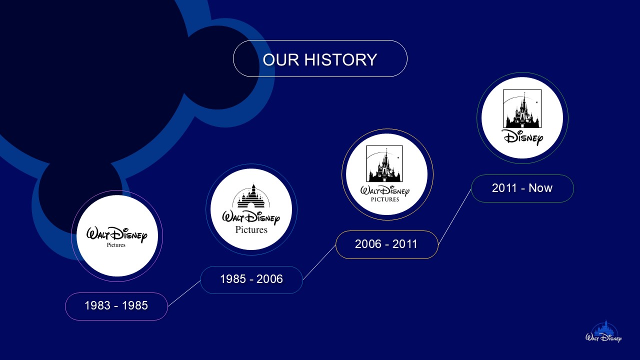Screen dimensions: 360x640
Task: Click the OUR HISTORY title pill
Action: click(x=320, y=58)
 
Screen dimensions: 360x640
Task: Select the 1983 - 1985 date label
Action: click(x=116, y=306)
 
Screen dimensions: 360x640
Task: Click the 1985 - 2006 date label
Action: click(x=251, y=279)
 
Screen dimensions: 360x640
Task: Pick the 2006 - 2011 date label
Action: click(x=386, y=244)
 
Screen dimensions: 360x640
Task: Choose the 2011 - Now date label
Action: click(x=522, y=188)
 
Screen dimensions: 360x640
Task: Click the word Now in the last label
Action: click(x=540, y=188)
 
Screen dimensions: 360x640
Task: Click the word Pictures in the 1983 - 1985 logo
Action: click(x=116, y=245)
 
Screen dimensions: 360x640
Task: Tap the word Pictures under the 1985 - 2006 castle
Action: click(x=251, y=230)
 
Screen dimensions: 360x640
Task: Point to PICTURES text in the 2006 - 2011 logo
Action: click(x=385, y=199)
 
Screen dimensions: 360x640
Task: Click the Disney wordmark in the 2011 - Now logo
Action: click(x=522, y=136)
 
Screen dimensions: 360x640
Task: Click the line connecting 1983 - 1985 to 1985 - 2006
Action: click(x=184, y=293)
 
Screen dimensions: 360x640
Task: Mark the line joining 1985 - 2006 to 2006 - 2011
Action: click(x=319, y=262)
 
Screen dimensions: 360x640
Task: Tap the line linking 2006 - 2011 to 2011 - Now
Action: click(x=454, y=216)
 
